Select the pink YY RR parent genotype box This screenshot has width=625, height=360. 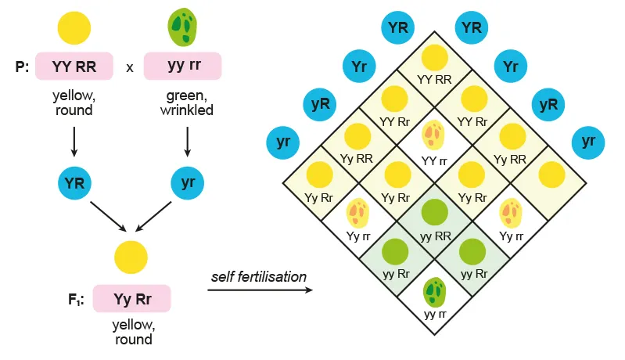(74, 67)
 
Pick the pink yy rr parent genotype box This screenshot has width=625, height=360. (184, 67)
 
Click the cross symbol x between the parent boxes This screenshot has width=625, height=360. (130, 67)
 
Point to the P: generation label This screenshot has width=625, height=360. (23, 67)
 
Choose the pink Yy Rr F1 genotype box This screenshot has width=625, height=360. (131, 299)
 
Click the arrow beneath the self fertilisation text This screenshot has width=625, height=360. (260, 290)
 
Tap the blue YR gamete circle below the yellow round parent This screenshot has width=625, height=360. (74, 184)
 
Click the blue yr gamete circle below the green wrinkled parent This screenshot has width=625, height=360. (188, 184)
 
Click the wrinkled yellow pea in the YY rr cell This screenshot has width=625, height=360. (433, 135)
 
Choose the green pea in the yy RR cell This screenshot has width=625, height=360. (434, 213)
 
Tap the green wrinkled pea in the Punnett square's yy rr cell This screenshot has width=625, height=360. (434, 291)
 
